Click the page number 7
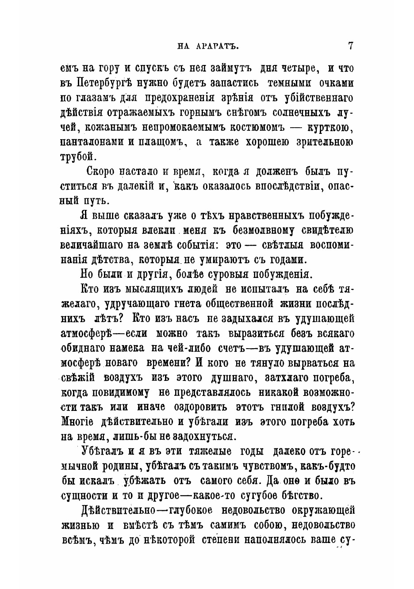click(351, 46)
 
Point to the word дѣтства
click(109, 259)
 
